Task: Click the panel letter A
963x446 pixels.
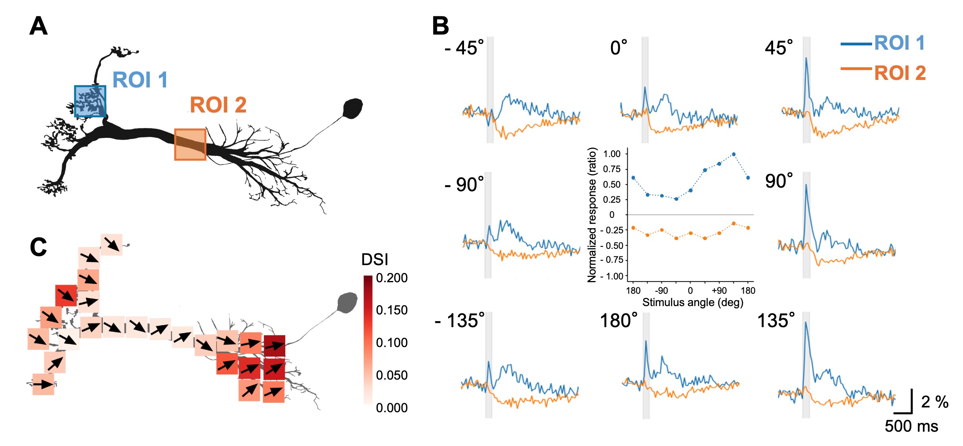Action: pyautogui.click(x=39, y=27)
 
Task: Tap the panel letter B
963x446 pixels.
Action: pyautogui.click(x=440, y=27)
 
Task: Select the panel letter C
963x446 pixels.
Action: pyautogui.click(x=39, y=247)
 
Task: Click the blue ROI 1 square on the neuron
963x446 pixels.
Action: pyautogui.click(x=90, y=101)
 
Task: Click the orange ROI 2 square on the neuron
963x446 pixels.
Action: pyautogui.click(x=190, y=144)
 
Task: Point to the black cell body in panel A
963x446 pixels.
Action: pyautogui.click(x=352, y=108)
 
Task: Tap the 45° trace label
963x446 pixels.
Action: pyautogui.click(x=779, y=48)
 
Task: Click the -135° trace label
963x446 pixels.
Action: pyautogui.click(x=460, y=320)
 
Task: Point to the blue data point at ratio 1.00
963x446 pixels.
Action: pyautogui.click(x=733, y=154)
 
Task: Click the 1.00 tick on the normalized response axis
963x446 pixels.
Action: pyautogui.click(x=612, y=154)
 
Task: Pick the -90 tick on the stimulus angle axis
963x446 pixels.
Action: pyautogui.click(x=661, y=291)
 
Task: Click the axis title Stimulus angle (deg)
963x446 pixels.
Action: pyautogui.click(x=692, y=303)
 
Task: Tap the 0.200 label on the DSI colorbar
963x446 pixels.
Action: pyautogui.click(x=392, y=278)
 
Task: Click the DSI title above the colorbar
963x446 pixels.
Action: pyautogui.click(x=375, y=260)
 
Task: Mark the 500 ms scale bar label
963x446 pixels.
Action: pyautogui.click(x=911, y=426)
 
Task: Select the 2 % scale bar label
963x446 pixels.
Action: pyautogui.click(x=935, y=402)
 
